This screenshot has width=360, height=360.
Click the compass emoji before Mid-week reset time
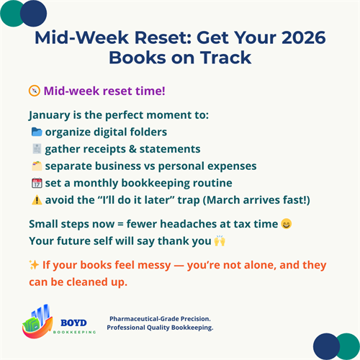pos(34,91)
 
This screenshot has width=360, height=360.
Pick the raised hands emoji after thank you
pos(217,241)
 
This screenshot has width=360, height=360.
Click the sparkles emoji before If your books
pos(34,265)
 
